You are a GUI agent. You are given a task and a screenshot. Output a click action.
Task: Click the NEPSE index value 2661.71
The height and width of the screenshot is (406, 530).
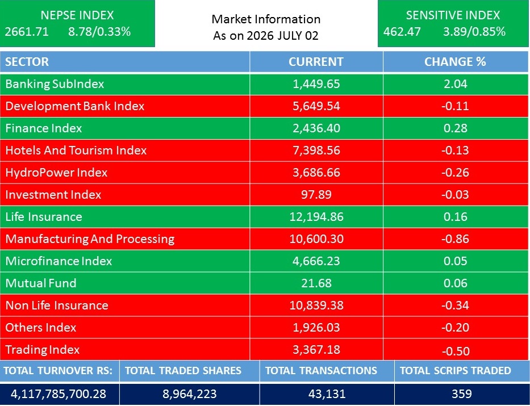tap(27, 32)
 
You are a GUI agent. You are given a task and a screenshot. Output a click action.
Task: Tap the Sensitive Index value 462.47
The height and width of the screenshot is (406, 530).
tap(402, 32)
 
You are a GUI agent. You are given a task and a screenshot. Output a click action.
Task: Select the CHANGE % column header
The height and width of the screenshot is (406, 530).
tap(455, 62)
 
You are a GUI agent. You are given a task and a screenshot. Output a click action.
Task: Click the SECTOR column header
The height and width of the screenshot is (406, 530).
tap(27, 62)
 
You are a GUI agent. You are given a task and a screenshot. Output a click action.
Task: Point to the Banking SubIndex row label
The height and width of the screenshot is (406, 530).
tap(55, 84)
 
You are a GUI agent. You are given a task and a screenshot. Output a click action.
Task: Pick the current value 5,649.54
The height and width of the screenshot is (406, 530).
tap(316, 106)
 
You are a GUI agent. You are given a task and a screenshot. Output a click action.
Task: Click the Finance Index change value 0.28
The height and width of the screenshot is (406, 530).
tap(455, 128)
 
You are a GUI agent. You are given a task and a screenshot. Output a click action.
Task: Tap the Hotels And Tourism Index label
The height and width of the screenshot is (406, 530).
tap(76, 150)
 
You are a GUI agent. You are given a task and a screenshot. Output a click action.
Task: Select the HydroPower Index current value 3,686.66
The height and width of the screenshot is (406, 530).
tap(316, 173)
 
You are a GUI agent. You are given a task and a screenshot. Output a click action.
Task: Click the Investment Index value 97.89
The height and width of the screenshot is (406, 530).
tap(316, 195)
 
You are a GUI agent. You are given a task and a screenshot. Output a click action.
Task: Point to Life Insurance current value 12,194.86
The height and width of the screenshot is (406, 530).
tap(316, 217)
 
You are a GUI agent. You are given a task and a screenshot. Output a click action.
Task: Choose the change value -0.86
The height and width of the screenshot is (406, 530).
tap(455, 239)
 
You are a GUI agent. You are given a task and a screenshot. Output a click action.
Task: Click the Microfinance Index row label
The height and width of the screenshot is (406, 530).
tap(59, 261)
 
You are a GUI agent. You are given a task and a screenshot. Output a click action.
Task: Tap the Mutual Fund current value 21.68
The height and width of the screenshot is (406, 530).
tap(316, 283)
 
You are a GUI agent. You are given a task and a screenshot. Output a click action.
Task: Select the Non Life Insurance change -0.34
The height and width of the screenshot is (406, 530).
tap(455, 305)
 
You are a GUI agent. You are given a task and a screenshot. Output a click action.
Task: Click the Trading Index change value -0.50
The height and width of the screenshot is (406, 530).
tap(455, 351)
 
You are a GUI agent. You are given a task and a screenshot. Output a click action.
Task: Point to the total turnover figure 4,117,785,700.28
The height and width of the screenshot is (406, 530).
tap(59, 394)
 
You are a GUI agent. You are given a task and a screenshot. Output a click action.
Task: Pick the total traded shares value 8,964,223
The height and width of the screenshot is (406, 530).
tap(189, 394)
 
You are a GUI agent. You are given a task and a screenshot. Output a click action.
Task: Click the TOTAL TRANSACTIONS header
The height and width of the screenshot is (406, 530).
tap(321, 371)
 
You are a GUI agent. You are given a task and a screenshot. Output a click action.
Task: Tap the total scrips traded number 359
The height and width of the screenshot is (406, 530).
tap(462, 394)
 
